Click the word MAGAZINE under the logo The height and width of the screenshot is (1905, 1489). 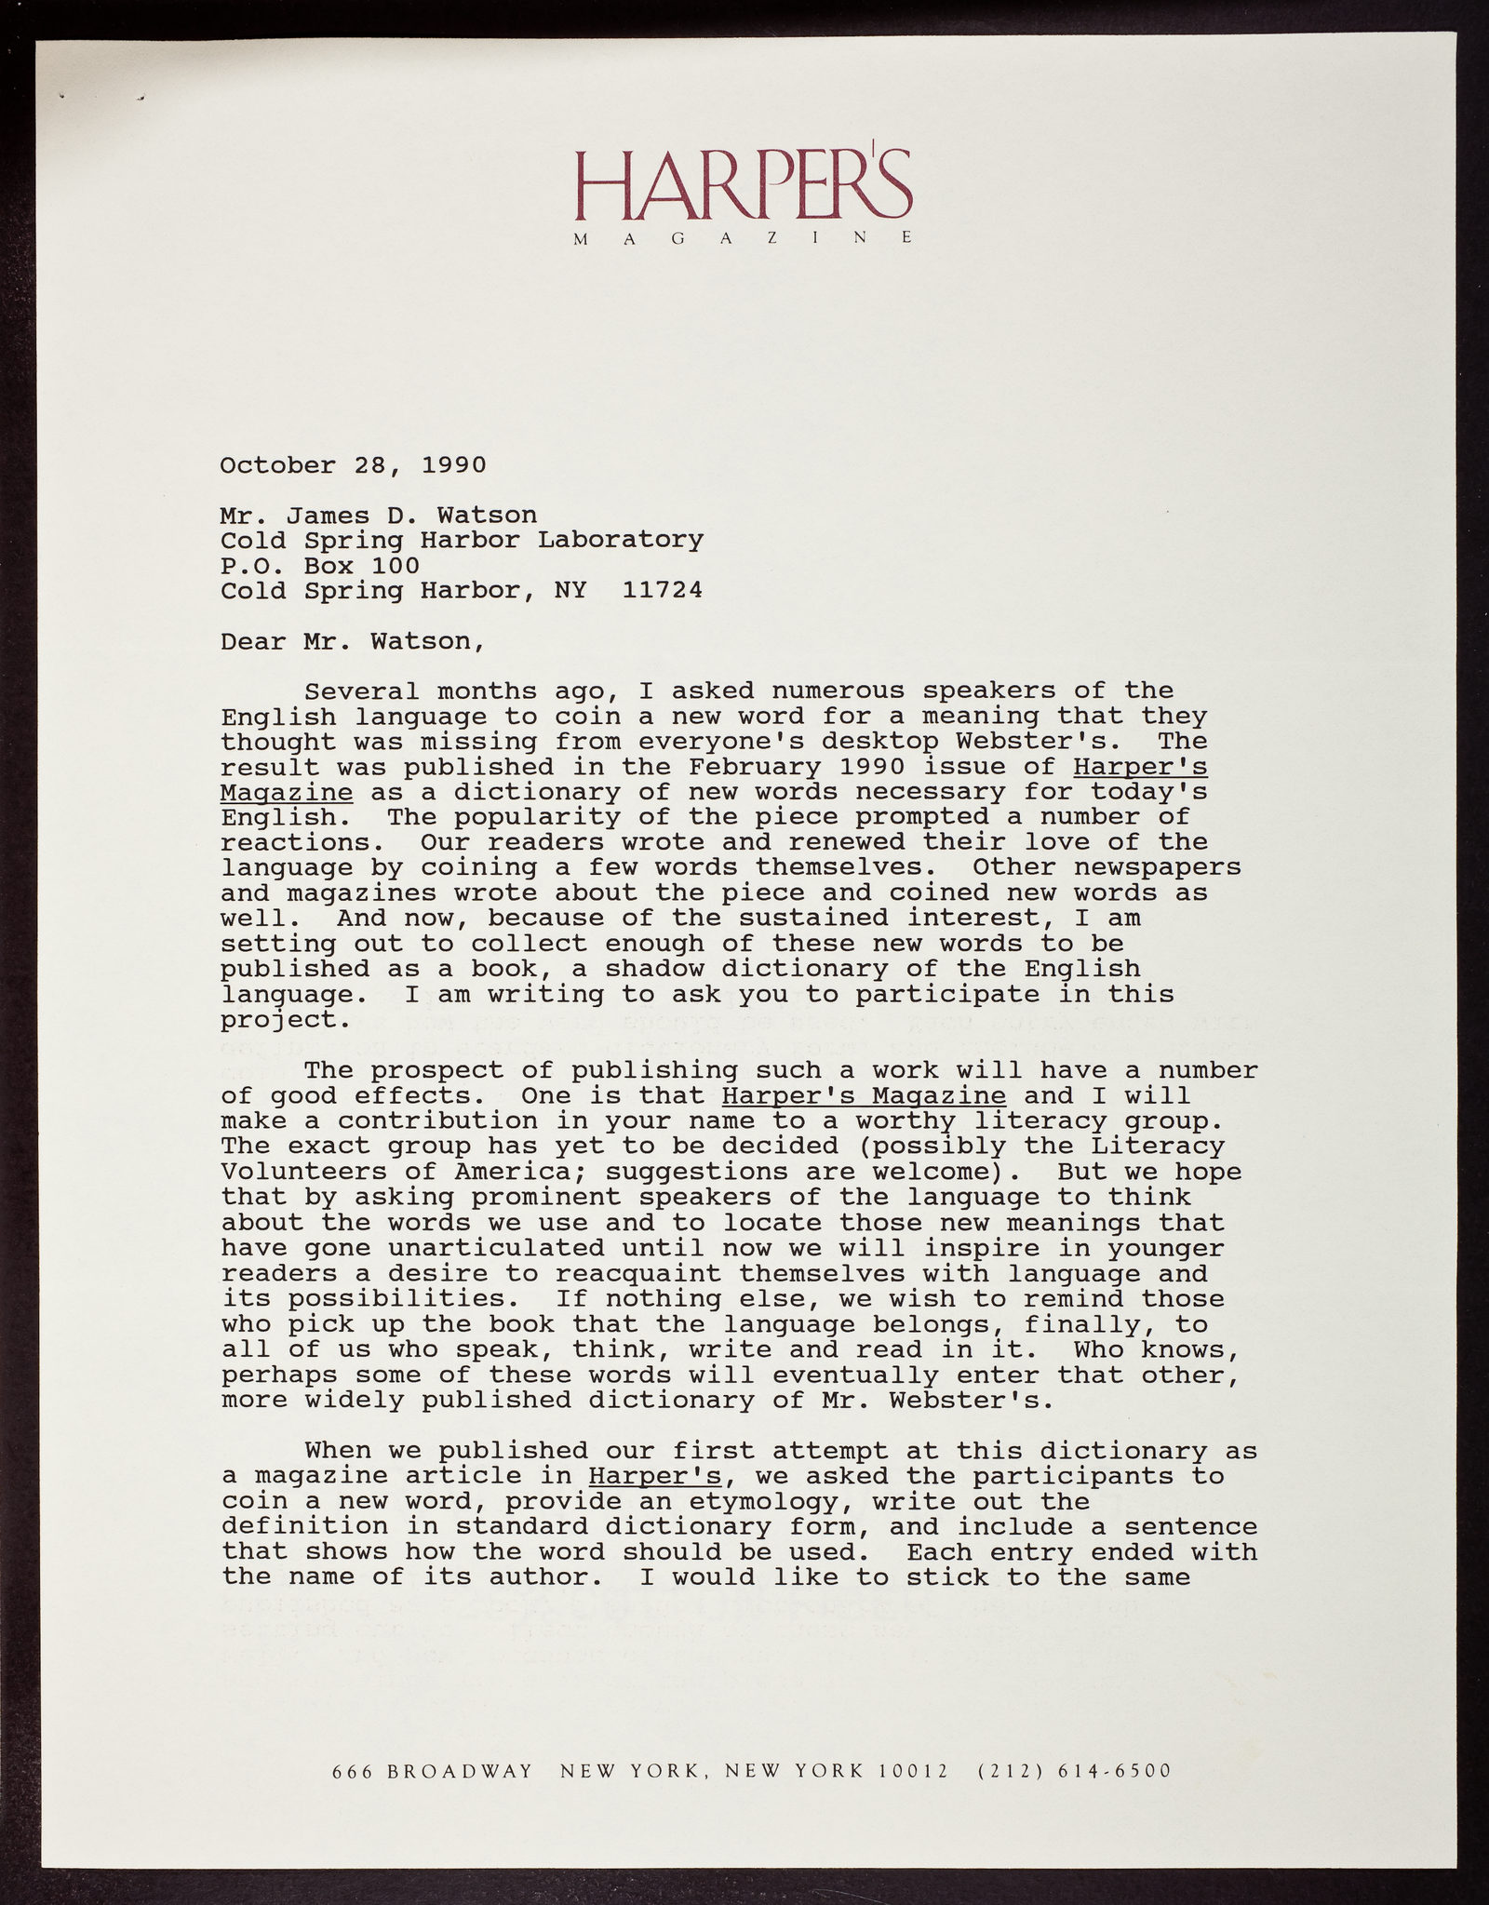click(x=743, y=239)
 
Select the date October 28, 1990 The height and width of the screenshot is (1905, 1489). click(x=353, y=465)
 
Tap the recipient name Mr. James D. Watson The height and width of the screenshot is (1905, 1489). click(x=378, y=516)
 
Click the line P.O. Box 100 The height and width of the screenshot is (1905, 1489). click(x=319, y=566)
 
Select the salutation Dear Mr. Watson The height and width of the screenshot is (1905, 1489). click(x=352, y=641)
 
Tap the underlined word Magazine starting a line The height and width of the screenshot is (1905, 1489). click(x=286, y=793)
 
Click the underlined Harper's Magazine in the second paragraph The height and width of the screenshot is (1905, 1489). click(x=863, y=1096)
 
